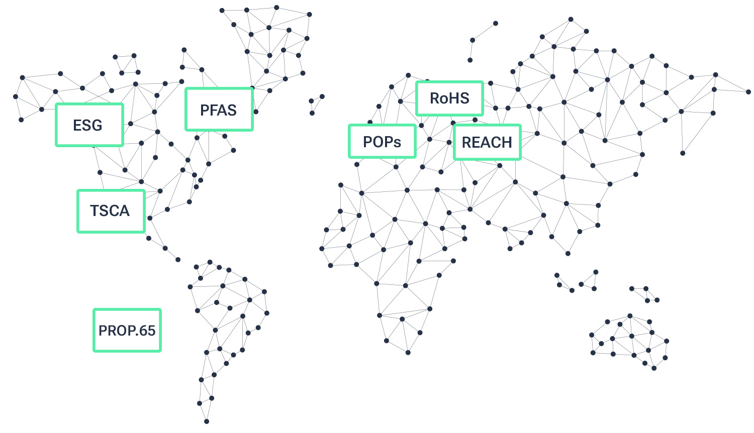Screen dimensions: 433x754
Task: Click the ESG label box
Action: pos(89,125)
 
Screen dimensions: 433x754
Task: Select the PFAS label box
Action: pos(219,110)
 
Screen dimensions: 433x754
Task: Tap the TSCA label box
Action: pos(111,211)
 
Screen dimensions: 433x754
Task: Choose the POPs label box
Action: pos(382,142)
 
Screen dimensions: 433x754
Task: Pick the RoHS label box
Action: pos(449,98)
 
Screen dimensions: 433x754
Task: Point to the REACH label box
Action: pos(487,143)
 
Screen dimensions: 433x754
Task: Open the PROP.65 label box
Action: pos(127,331)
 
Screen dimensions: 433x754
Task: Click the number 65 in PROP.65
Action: pos(147,331)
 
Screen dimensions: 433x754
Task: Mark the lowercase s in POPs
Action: pos(397,143)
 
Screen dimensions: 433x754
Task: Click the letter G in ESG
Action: pos(97,125)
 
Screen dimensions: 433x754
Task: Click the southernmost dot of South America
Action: pos(207,421)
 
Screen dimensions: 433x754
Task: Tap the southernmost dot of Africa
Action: pos(408,353)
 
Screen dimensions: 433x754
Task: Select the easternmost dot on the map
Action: pos(748,92)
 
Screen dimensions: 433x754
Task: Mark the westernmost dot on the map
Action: pos(16,96)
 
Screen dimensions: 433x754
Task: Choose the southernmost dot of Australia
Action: pos(654,368)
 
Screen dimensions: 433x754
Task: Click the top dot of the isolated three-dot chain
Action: pos(495,23)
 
